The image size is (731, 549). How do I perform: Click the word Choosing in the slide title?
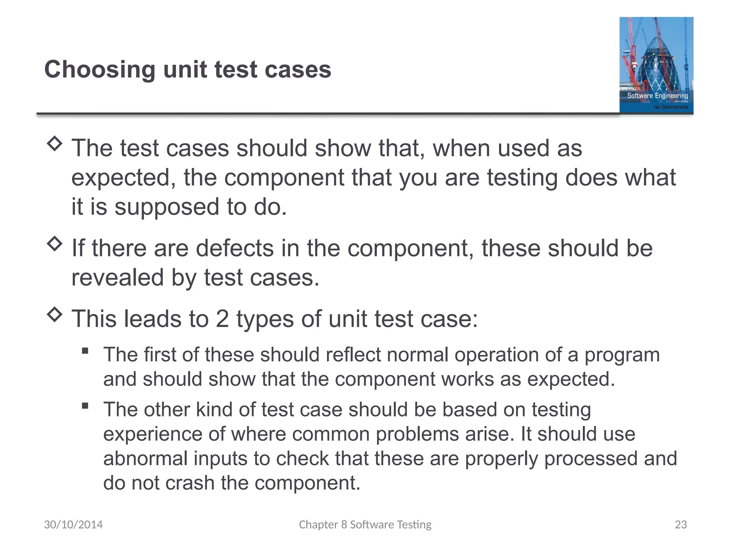click(100, 70)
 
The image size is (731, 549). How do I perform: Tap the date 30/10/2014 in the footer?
click(73, 524)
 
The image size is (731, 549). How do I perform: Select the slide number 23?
click(681, 524)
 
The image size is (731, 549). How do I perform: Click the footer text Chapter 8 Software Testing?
click(365, 524)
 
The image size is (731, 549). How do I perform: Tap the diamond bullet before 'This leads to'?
click(55, 315)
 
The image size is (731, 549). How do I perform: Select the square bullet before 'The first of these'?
click(85, 351)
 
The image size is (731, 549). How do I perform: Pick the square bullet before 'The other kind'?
click(85, 405)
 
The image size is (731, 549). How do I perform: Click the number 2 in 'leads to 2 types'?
click(222, 319)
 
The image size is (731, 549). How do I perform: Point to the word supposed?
click(167, 207)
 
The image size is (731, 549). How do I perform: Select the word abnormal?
click(145, 459)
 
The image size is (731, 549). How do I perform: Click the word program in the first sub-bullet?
click(622, 356)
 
